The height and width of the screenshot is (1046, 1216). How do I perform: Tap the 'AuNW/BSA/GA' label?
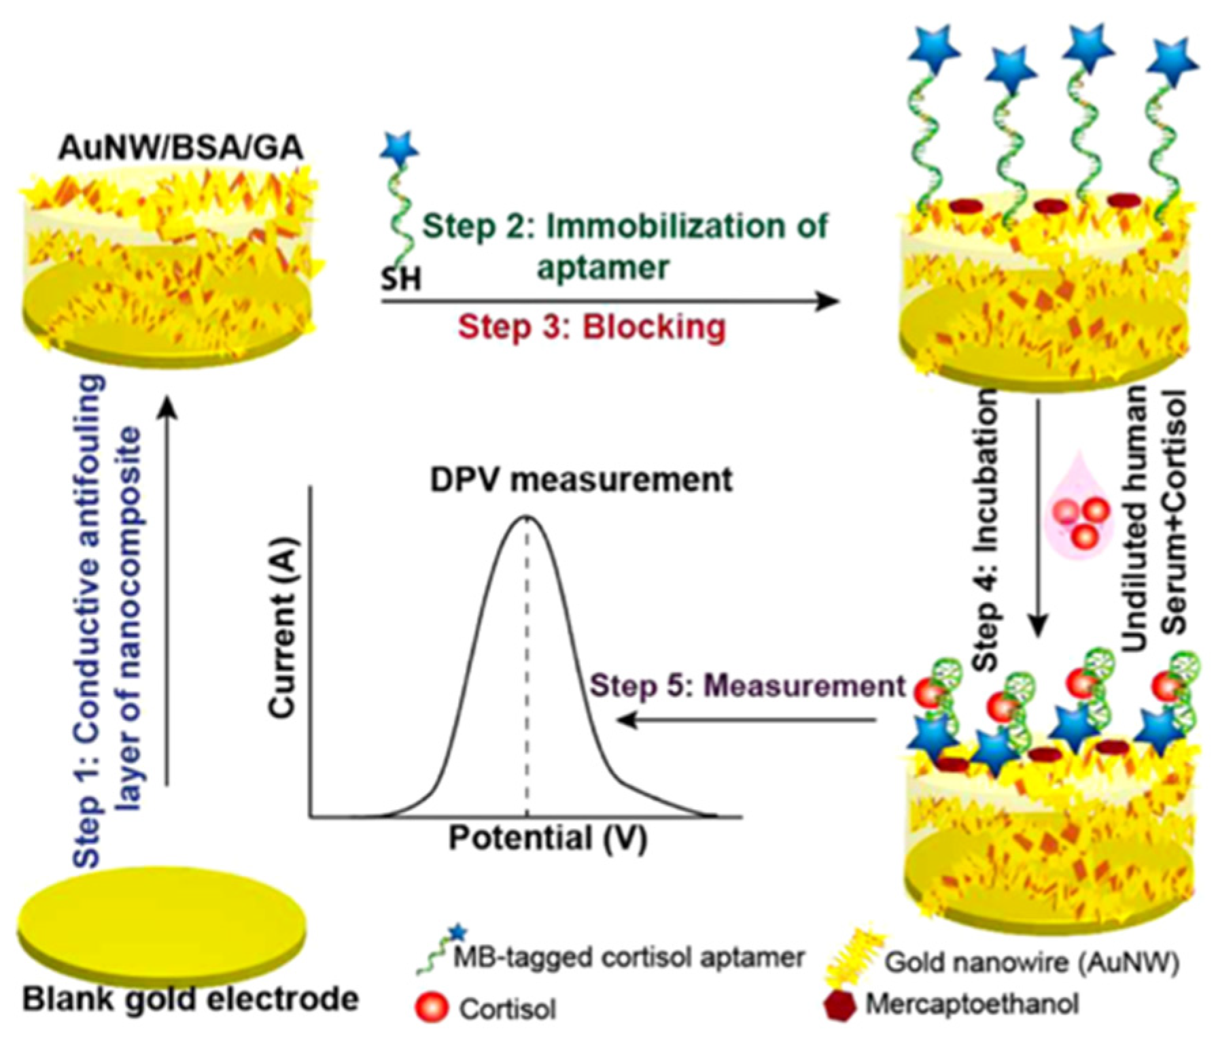coord(180,148)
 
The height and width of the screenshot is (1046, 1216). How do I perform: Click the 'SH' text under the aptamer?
coord(400,279)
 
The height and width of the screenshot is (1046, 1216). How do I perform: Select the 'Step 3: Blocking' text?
coord(591,327)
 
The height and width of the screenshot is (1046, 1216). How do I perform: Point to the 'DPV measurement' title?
coord(581,479)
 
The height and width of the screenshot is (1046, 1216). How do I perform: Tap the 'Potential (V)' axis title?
coord(547,838)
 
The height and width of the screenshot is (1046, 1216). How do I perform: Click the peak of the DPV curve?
coord(527,518)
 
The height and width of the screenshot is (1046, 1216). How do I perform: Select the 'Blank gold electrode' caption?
coord(190,1000)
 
